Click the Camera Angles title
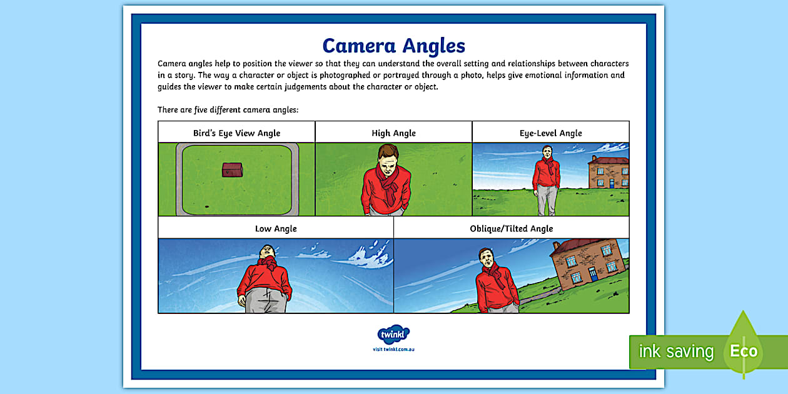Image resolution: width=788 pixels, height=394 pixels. coord(393,46)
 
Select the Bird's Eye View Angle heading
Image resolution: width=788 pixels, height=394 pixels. coord(236,133)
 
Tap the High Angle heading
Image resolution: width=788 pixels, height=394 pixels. coord(393,133)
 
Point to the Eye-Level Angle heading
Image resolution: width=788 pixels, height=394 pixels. coord(550,133)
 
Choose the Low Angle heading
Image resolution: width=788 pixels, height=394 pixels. coord(276,228)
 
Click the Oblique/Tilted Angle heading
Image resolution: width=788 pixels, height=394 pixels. coord(511,228)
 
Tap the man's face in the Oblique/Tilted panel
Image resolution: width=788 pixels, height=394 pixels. coord(485,258)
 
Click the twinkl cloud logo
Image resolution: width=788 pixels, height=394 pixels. coord(393,335)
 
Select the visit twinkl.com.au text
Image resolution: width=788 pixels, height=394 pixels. coord(393,349)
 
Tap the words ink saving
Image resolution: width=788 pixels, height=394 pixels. coord(675,351)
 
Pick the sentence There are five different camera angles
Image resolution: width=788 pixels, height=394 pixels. coord(228,109)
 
